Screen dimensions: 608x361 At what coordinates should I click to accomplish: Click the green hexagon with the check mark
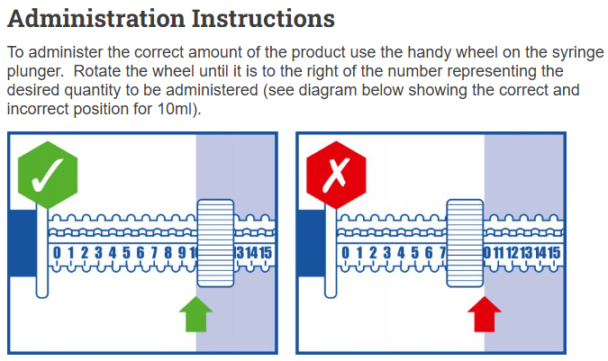click(x=48, y=175)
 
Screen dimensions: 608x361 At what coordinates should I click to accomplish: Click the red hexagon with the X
click(x=336, y=175)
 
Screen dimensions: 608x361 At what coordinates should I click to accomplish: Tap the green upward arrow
click(x=196, y=314)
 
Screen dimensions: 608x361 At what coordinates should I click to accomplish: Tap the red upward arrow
click(x=485, y=314)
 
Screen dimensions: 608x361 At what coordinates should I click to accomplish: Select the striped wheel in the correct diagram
click(x=215, y=243)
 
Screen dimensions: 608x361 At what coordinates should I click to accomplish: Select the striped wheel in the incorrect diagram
click(x=465, y=243)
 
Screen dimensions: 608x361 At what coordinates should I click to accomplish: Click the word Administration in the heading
click(x=96, y=19)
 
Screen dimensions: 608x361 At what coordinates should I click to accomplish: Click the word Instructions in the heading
click(x=263, y=19)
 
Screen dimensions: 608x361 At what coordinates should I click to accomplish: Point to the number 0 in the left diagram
click(x=57, y=253)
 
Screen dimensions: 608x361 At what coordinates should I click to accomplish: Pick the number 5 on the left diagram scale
click(x=126, y=253)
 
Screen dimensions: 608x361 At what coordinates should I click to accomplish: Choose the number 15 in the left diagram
click(x=266, y=253)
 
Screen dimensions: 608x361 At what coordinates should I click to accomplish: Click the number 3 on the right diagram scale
click(x=387, y=253)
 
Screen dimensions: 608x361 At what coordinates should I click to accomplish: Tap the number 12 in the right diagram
click(x=513, y=253)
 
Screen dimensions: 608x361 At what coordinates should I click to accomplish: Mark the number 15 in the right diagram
click(x=554, y=253)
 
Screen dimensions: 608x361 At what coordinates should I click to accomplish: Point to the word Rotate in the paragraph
click(x=96, y=71)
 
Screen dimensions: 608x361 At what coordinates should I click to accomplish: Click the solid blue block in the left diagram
click(x=23, y=243)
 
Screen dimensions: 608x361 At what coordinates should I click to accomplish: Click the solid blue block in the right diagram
click(x=311, y=243)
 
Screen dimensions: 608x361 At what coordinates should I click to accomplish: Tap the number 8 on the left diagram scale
click(x=168, y=253)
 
